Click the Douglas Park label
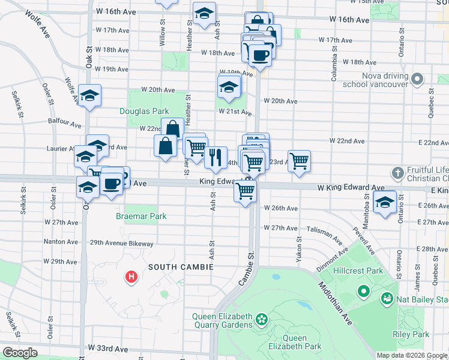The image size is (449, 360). click(143, 111)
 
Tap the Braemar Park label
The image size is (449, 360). click(141, 216)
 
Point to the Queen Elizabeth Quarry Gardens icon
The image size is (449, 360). click(261, 319)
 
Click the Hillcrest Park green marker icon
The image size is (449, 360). click(363, 292)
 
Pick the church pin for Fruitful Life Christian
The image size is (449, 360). click(396, 174)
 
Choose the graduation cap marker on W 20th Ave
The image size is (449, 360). click(229, 87)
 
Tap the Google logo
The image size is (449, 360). click(20, 353)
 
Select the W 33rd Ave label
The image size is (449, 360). click(109, 348)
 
